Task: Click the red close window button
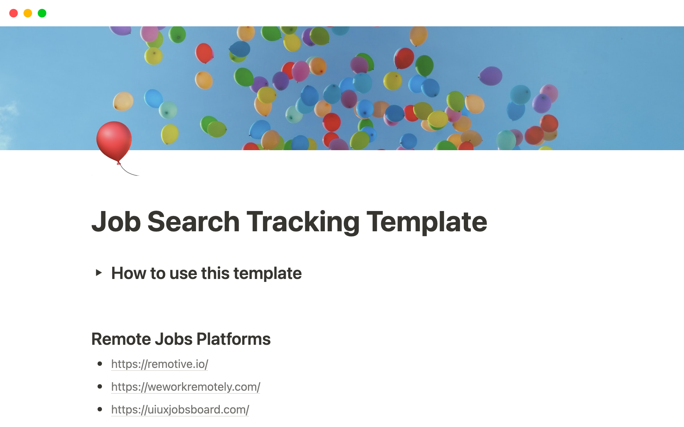[14, 13]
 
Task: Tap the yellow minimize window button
[28, 13]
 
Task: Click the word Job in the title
[116, 222]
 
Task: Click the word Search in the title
[193, 222]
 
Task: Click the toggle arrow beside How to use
[99, 273]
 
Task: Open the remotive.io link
[160, 364]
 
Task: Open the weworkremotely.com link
[186, 387]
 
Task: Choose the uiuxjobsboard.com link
[180, 410]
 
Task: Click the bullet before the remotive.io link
[100, 364]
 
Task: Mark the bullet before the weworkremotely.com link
[100, 386]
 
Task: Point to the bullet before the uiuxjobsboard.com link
[100, 409]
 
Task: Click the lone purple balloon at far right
[491, 76]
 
